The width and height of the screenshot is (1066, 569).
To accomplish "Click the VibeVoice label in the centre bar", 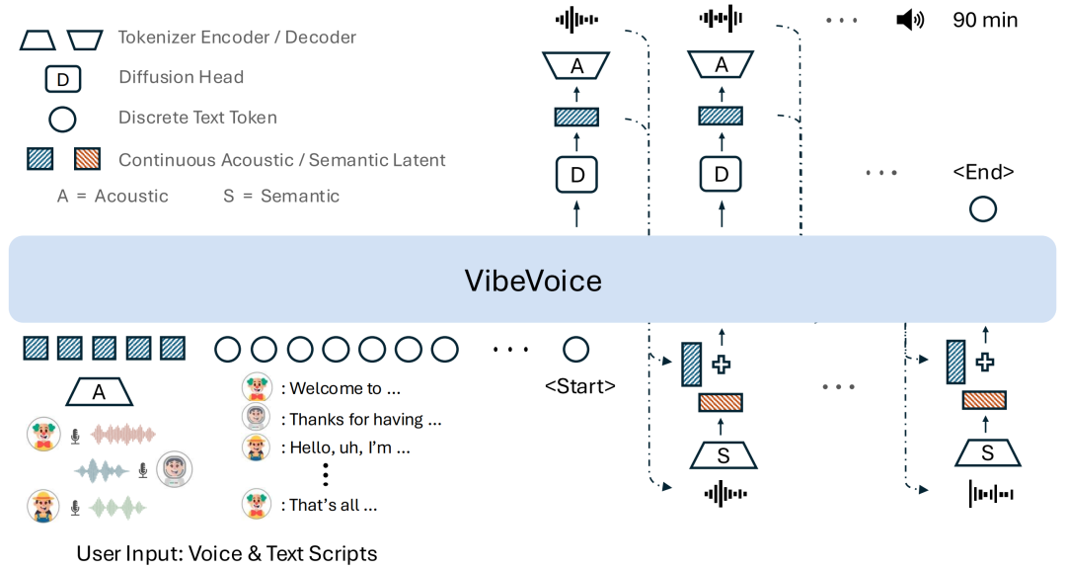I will click(533, 282).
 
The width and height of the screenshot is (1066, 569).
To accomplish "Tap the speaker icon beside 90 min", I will click(909, 19).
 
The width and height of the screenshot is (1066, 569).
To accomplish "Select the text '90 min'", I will click(984, 19).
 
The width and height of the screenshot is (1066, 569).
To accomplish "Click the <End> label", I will click(983, 172).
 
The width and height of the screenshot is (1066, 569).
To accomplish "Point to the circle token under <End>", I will click(983, 209).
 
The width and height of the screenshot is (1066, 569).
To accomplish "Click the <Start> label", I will click(579, 386).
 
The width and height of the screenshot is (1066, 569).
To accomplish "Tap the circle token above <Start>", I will click(575, 349).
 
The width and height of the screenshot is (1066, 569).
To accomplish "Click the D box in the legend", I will click(62, 78).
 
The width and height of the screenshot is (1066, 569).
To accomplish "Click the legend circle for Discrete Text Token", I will click(62, 119).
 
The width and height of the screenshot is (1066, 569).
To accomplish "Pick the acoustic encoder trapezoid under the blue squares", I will click(99, 392).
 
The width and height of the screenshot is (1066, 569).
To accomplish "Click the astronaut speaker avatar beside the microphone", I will click(175, 469).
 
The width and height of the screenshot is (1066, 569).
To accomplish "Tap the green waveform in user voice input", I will click(117, 508).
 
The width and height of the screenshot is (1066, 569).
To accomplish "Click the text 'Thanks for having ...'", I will click(365, 420).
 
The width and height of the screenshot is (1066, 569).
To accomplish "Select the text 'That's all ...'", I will click(334, 505).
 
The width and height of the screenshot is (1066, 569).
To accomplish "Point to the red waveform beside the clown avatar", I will click(123, 435).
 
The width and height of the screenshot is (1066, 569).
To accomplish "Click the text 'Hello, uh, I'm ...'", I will click(349, 447).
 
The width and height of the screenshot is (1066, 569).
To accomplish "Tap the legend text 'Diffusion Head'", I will click(181, 77).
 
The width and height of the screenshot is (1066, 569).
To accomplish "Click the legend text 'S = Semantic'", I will click(281, 196).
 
